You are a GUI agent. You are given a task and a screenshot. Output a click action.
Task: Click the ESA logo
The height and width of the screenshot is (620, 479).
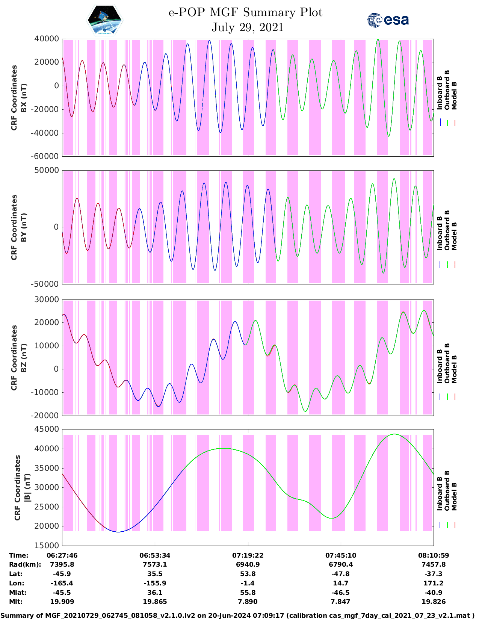tap(388, 20)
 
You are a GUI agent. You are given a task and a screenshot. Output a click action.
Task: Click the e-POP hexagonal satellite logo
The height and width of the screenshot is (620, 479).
tap(105, 20)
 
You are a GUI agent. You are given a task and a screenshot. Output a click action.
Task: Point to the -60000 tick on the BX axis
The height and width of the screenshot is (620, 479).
tap(46, 156)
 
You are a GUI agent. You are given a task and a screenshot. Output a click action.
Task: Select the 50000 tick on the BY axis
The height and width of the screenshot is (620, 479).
tap(46, 171)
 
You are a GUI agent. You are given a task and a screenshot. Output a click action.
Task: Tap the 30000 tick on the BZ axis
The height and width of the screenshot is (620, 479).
tap(46, 300)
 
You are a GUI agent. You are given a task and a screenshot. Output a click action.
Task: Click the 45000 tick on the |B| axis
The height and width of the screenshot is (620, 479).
tap(46, 429)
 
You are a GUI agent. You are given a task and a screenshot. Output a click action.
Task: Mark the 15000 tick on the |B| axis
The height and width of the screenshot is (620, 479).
tap(46, 546)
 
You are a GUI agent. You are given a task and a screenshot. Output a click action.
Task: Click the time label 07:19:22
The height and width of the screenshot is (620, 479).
tap(248, 555)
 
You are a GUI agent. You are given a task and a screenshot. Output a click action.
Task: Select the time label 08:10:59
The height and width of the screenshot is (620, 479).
tap(433, 555)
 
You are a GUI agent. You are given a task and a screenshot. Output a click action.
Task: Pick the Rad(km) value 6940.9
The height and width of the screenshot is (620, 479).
tap(248, 565)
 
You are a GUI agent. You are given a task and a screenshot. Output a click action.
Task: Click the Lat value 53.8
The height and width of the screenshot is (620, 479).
tap(248, 574)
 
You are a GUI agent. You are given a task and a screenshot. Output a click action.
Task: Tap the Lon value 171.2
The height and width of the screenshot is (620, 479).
tap(433, 584)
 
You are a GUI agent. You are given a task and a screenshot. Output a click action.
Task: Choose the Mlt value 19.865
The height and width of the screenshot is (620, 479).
tap(155, 602)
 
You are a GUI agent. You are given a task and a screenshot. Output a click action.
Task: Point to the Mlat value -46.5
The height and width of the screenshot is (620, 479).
tap(340, 593)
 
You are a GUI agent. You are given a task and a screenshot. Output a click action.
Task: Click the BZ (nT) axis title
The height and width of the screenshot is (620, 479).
tap(23, 358)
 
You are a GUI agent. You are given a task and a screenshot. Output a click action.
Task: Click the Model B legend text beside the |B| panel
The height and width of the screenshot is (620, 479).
tap(454, 496)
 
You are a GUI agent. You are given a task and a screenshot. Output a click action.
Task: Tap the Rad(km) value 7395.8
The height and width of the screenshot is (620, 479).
tap(62, 565)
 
